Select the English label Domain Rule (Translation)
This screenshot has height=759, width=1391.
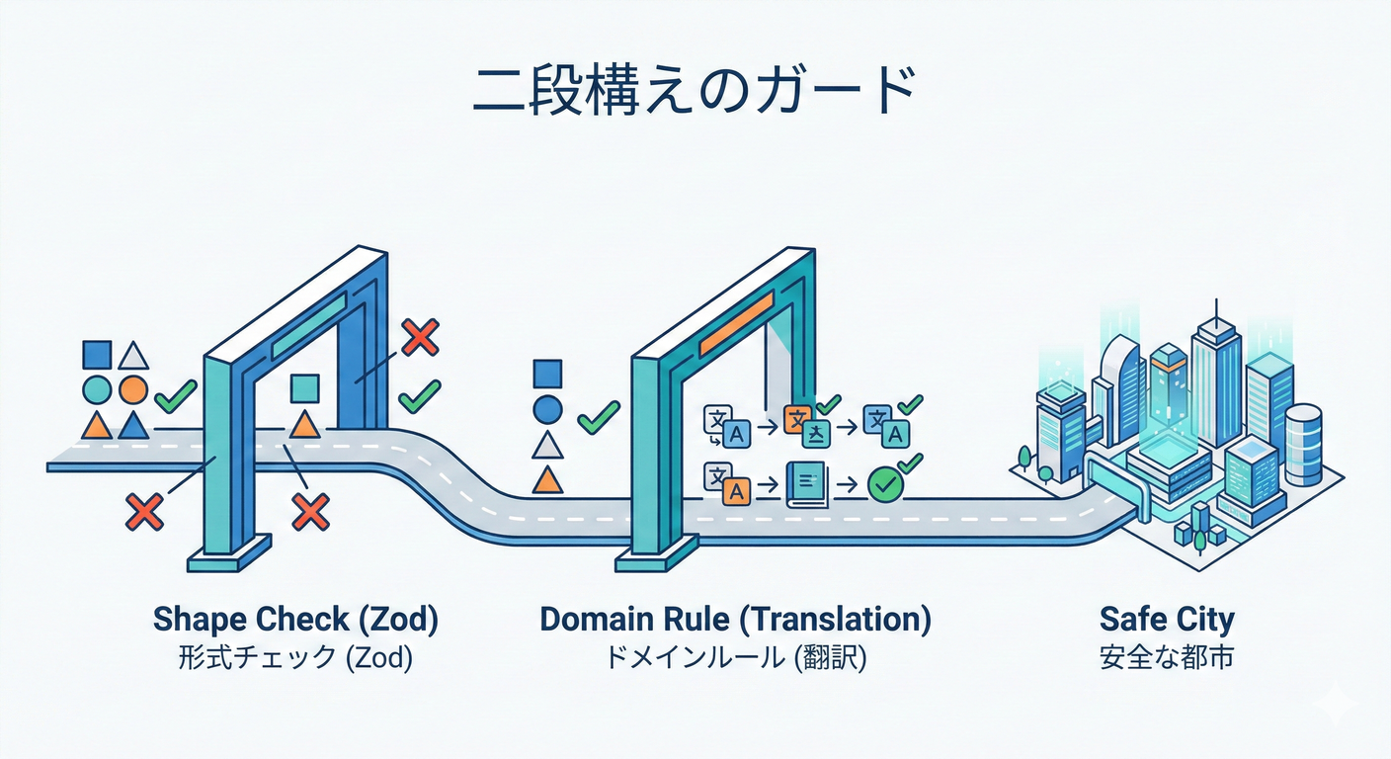(735, 620)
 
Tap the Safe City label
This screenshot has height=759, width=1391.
(1167, 620)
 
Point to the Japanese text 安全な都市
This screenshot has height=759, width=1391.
(1167, 657)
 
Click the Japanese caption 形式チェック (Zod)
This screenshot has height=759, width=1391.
(295, 657)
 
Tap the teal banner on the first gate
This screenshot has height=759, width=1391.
(309, 323)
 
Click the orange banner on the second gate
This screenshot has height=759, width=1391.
(736, 323)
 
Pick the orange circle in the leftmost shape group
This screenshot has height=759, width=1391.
(133, 389)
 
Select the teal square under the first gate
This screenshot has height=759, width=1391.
(304, 388)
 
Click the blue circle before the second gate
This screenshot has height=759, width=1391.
(546, 408)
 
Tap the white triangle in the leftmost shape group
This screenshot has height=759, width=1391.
(133, 356)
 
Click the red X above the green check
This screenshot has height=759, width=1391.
(421, 338)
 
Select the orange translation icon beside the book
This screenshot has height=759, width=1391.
(732, 489)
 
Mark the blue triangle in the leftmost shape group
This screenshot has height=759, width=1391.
(133, 425)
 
